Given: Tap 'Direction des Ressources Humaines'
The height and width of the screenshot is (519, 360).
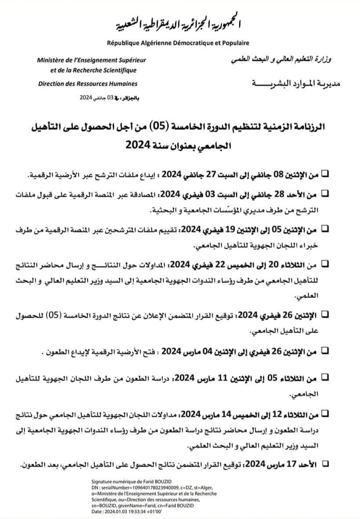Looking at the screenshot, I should coord(88,83).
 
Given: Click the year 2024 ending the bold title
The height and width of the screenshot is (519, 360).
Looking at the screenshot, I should coord(139,143).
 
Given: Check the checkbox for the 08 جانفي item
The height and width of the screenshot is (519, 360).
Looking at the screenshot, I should coord(325,173).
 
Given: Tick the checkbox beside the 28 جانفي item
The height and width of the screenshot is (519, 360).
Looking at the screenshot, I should coord(325,193).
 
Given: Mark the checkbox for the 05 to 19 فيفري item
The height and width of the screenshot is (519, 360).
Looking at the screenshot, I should coord(325,228).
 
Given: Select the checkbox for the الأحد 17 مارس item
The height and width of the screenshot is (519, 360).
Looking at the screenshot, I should coord(325,462).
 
